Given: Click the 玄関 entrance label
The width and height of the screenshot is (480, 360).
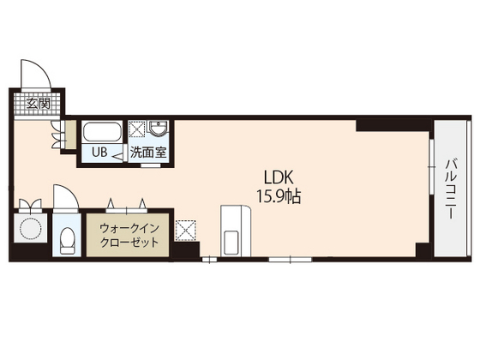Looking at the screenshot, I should (x=38, y=104).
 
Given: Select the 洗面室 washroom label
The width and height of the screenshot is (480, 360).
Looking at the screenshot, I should (x=147, y=153).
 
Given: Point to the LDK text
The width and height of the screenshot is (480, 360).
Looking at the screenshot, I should (x=279, y=177).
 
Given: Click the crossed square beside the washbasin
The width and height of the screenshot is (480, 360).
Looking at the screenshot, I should (x=136, y=130).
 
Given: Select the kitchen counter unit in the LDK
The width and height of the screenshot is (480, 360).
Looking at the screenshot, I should (x=234, y=230).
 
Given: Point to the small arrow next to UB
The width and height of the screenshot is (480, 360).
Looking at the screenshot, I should (x=117, y=155).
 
